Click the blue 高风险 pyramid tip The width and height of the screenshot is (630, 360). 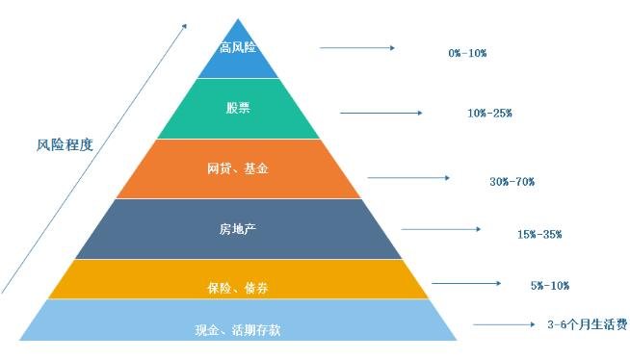238,50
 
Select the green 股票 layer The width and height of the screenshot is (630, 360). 238,109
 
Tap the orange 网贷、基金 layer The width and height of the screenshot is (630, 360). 238,168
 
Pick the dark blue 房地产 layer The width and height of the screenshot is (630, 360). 238,229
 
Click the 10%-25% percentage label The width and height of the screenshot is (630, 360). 489,114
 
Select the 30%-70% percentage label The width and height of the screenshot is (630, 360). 512,182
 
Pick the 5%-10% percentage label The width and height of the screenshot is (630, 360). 548,285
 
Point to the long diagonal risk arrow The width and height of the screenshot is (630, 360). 92,159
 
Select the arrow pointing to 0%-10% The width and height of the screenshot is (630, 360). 356,47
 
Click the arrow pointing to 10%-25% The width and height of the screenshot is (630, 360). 381,113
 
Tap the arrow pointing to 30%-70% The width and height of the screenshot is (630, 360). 408,177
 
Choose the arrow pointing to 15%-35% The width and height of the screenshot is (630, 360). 441,229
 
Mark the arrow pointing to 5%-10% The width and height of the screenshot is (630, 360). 466,283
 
